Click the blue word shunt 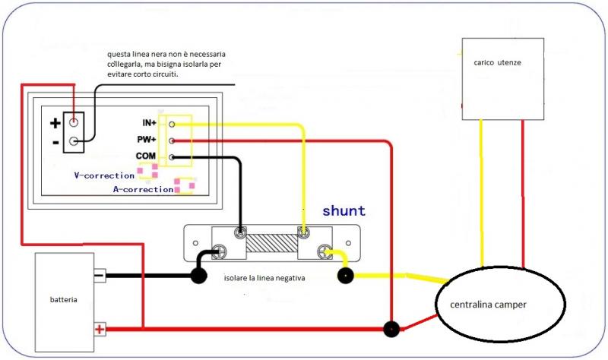(x=344, y=211)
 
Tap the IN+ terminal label (x=148, y=123)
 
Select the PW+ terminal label (x=147, y=140)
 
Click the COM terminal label (x=146, y=156)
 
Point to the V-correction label (x=104, y=175)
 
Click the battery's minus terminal (x=99, y=276)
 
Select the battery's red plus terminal (x=99, y=329)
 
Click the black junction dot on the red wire (x=391, y=330)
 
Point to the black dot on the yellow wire (x=346, y=276)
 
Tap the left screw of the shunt (x=223, y=250)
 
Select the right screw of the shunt (x=325, y=250)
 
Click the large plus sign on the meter (x=55, y=123)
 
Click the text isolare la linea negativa (x=264, y=279)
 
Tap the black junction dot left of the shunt (x=198, y=276)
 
